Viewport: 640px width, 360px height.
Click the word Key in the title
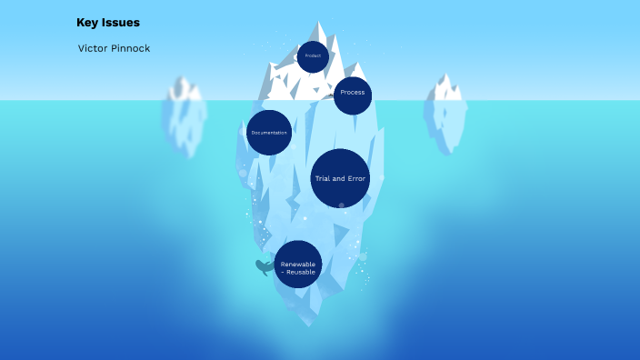point(87,23)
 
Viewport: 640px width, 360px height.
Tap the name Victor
point(95,48)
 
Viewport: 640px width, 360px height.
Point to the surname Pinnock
point(132,48)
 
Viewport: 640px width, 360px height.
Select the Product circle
point(313,56)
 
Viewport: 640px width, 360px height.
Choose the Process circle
point(353,94)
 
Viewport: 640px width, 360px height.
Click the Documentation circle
point(269,133)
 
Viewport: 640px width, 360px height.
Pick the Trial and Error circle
point(340,178)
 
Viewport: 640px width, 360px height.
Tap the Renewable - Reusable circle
point(298,265)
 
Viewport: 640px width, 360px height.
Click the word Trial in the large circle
point(324,178)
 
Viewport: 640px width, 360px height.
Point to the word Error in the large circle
point(356,178)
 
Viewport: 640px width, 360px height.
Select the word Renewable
point(298,264)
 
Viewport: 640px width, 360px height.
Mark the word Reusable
point(301,271)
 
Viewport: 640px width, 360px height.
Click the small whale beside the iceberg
point(265,267)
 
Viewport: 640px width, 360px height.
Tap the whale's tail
point(258,264)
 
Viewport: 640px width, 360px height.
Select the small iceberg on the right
point(445,114)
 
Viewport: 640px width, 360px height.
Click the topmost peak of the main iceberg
point(319,24)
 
